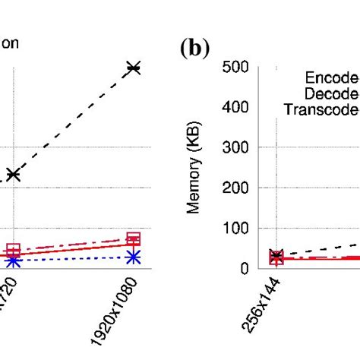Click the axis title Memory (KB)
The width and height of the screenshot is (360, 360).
(x=194, y=168)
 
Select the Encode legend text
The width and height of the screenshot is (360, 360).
(x=331, y=77)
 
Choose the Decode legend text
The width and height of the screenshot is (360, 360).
(x=331, y=93)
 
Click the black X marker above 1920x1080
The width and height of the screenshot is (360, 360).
(x=134, y=68)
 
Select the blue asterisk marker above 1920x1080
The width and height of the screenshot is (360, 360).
(x=134, y=257)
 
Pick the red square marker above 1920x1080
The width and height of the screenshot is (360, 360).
(x=134, y=239)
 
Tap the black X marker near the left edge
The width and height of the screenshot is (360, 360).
(x=13, y=175)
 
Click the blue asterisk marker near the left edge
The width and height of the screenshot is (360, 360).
(x=13, y=261)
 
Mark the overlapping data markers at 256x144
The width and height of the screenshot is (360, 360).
(x=276, y=257)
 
